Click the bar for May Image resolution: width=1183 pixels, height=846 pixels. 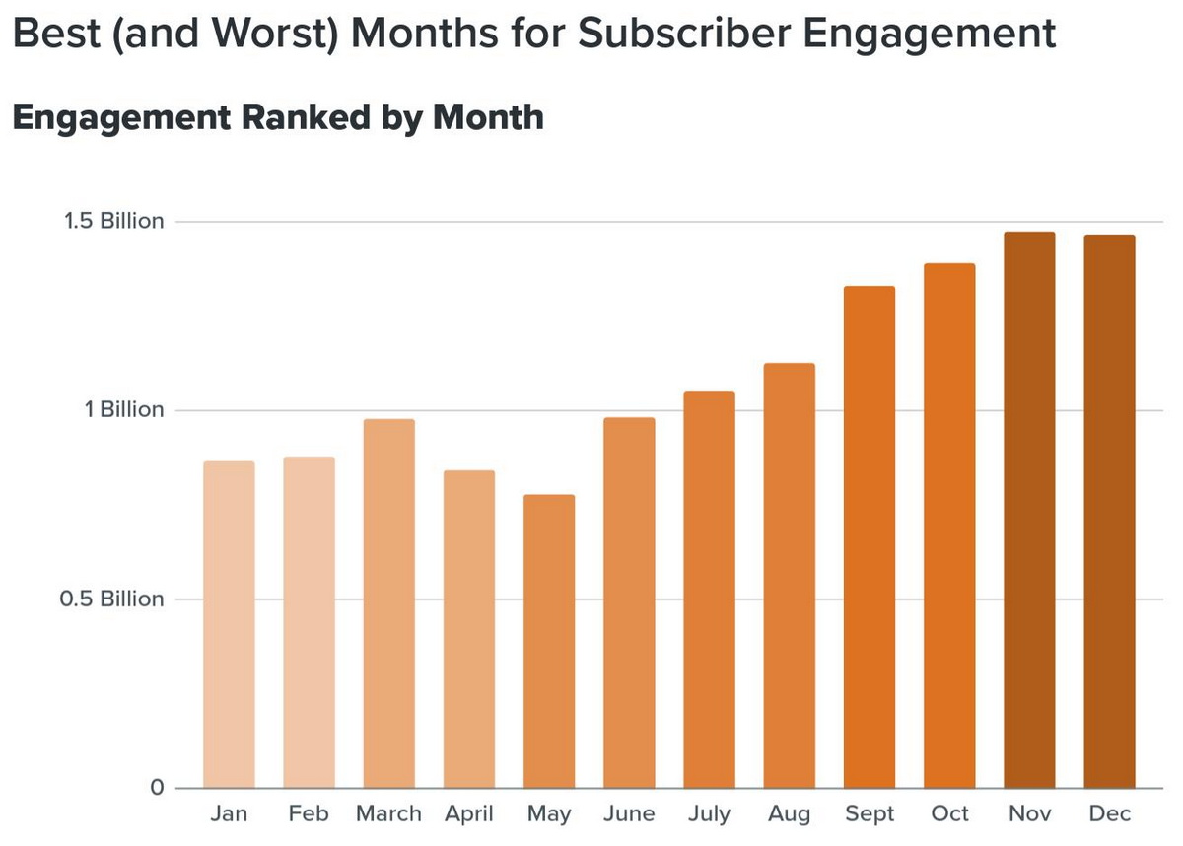(x=549, y=641)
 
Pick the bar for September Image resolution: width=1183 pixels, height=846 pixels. (x=870, y=537)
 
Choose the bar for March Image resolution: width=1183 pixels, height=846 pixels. (x=388, y=603)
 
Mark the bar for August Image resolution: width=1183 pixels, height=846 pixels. (x=789, y=576)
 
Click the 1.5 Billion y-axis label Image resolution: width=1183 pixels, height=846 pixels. (x=114, y=221)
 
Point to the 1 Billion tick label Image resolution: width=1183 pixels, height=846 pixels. (x=125, y=410)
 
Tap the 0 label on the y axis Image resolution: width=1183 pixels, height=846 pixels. (x=157, y=788)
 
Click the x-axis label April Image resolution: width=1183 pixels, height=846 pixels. (x=468, y=814)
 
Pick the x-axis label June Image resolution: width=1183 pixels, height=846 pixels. (x=629, y=814)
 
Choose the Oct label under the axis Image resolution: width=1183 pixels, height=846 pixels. (x=949, y=814)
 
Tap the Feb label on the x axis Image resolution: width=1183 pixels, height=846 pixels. (x=309, y=814)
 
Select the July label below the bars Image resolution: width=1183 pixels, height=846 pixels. (x=709, y=814)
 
